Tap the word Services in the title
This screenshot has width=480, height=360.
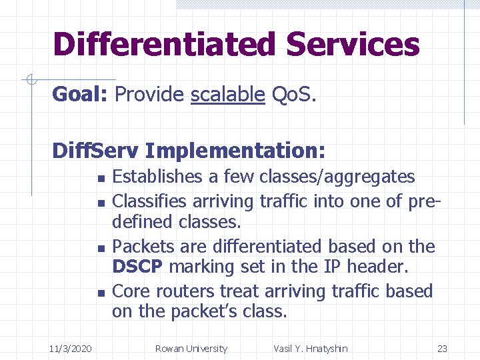[353, 45]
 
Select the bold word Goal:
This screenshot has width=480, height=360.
[80, 95]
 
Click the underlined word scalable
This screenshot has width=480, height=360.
[227, 95]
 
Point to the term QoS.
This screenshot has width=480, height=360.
[294, 95]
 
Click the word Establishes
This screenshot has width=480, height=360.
[157, 177]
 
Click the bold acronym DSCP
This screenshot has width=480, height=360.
[138, 267]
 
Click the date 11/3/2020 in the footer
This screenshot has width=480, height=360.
[71, 349]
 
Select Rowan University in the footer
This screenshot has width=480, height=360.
[191, 349]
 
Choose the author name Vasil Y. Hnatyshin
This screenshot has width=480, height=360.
[310, 349]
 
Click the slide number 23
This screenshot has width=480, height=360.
[442, 349]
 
